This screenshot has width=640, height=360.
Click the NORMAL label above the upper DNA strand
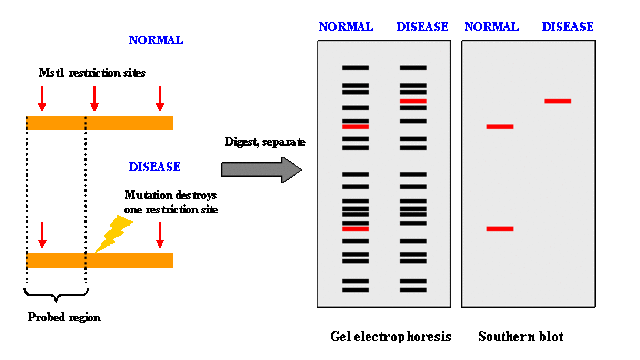click(x=156, y=40)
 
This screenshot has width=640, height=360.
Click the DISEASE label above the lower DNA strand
click(x=154, y=167)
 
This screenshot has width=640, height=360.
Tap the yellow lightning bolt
click(x=114, y=233)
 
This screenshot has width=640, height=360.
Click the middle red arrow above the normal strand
click(x=95, y=98)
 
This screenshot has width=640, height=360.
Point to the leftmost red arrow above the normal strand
click(x=42, y=98)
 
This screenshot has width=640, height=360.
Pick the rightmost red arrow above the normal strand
click(x=159, y=98)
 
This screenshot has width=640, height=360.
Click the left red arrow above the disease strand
click(x=42, y=235)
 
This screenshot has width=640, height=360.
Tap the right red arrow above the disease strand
click(x=159, y=235)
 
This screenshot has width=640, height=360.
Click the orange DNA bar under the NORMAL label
click(x=100, y=123)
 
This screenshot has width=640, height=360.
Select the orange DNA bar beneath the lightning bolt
click(x=100, y=260)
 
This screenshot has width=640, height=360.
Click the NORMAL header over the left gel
click(x=346, y=27)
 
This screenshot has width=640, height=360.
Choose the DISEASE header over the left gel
click(x=422, y=27)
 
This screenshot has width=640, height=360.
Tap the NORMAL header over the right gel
click(x=492, y=27)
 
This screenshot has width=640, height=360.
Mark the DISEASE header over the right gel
click(x=567, y=27)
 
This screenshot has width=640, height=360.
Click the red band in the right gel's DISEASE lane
click(x=557, y=101)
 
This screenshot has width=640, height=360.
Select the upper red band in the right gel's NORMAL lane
click(x=499, y=127)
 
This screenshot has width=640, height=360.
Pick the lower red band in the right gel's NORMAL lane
click(x=499, y=229)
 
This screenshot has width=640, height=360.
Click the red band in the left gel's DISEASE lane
click(x=413, y=101)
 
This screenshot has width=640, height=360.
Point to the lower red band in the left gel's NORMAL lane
click(x=355, y=229)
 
